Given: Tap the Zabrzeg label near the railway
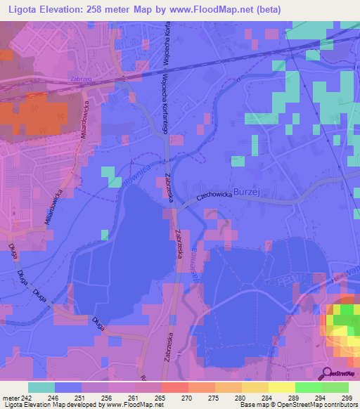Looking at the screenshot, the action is click(83, 79).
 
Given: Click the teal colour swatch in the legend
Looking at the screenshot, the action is click(41, 387).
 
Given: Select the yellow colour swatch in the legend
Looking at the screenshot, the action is click(281, 387).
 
